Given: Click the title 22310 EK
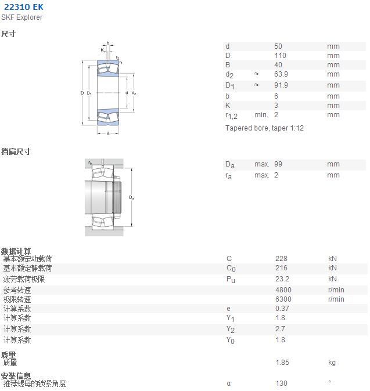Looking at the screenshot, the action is tap(24, 7).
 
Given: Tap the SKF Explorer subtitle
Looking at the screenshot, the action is tap(21, 17).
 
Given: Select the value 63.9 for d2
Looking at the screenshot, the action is tap(281, 74).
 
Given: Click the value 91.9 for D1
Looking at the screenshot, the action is tap(281, 85).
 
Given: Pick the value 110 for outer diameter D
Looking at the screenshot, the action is tap(280, 55).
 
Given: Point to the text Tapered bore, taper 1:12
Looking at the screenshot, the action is tap(264, 128).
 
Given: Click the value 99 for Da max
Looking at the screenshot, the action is tap(278, 164).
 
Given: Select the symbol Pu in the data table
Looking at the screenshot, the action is tap(231, 280).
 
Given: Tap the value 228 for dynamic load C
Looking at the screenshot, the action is tap(281, 259).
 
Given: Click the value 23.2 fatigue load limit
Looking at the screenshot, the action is tap(282, 279).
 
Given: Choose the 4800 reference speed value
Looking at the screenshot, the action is tap(283, 289).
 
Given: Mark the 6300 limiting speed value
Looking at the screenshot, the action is tap(283, 299).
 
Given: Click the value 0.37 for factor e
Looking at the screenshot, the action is tap(282, 309).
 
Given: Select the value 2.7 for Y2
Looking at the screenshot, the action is tap(280, 329).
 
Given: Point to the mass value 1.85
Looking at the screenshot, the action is tap(282, 362).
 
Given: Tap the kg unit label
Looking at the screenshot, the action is tap(332, 363).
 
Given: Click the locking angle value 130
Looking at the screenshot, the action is tap(281, 383).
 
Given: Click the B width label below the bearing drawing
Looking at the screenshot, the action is tap(108, 133).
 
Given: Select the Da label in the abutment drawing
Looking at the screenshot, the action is tap(131, 197).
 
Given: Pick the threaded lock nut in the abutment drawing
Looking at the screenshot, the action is tap(117, 197).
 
